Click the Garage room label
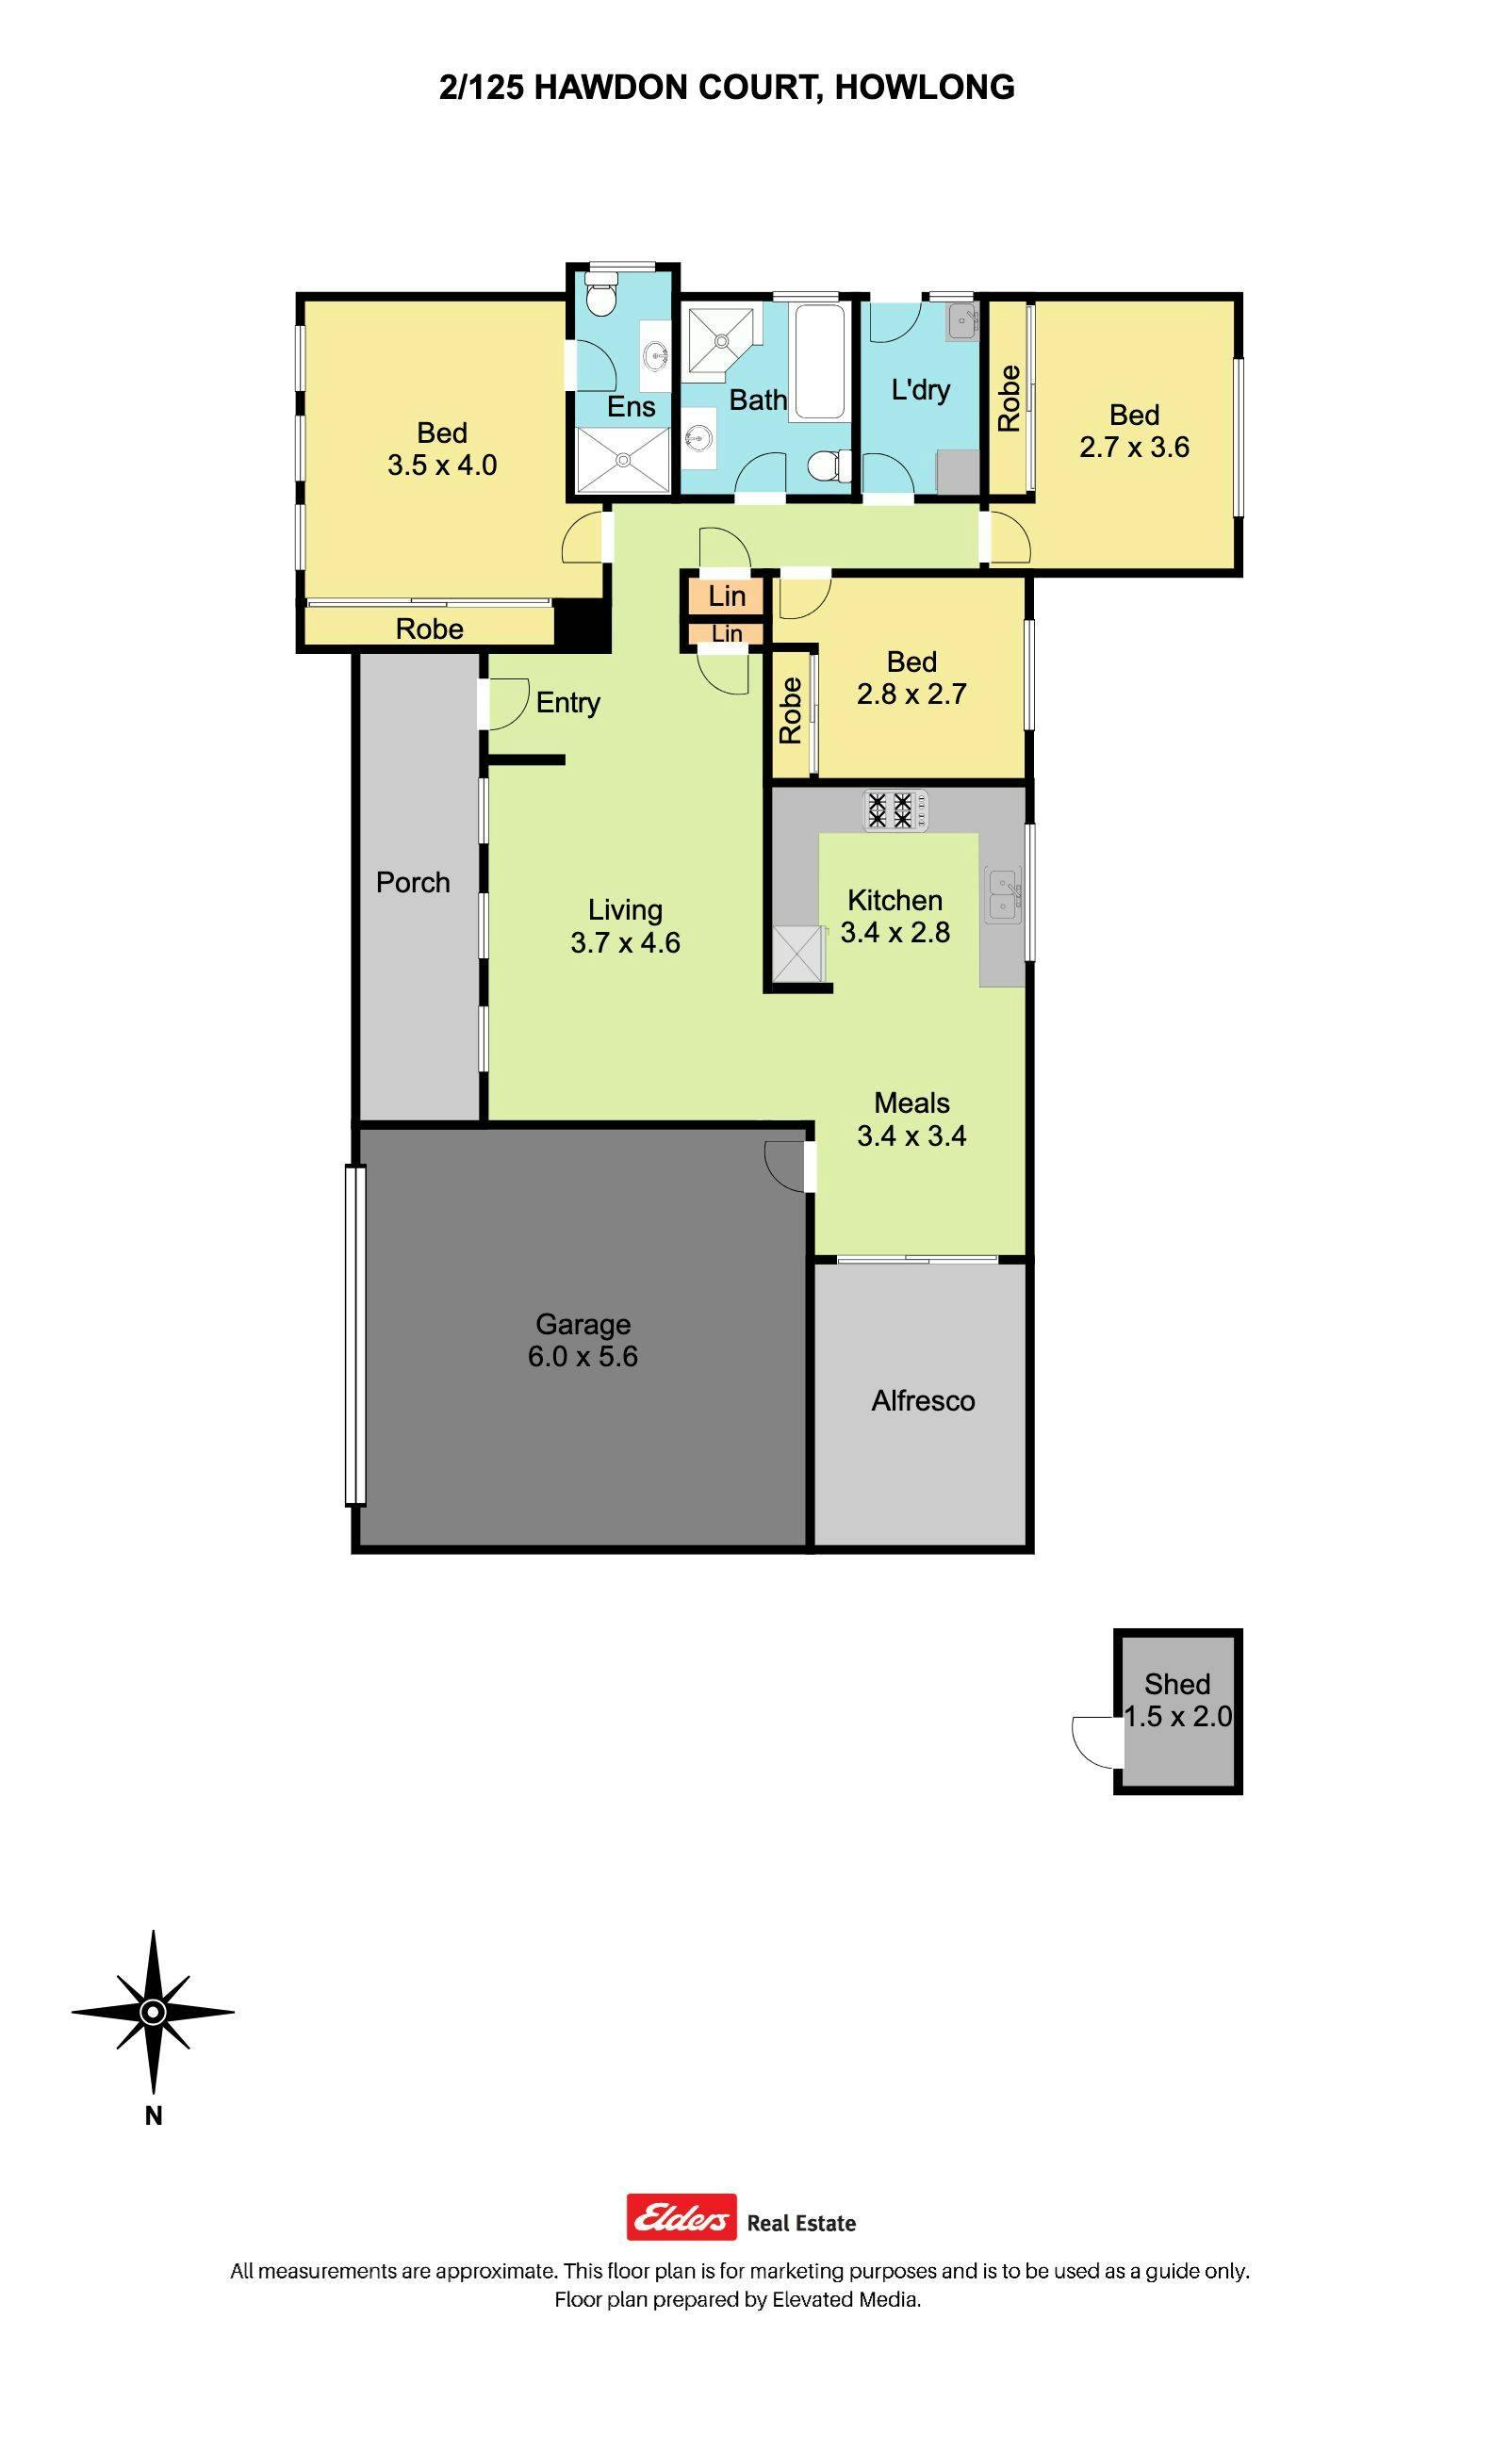pos(583,1324)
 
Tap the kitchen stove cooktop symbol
pos(895,809)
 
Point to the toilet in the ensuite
pos(600,295)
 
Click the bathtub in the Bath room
pos(821,360)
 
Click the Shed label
pos(1177,1684)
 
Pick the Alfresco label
pos(923,1400)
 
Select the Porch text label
pos(413,882)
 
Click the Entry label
pos(567,703)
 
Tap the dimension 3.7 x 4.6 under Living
pos(625,942)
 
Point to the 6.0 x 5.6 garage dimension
pos(583,1356)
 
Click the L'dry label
pos(921,389)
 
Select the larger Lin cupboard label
pos(727,596)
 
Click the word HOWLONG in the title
pos(925,88)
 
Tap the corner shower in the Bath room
pos(722,338)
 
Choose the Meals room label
pos(911,1102)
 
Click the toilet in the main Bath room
pos(827,465)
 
